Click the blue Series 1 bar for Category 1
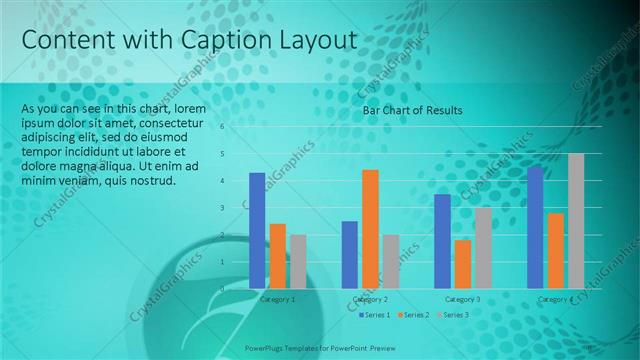[257, 230]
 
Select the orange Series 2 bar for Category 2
[370, 229]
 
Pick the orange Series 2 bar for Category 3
[462, 264]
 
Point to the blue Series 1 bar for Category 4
[535, 227]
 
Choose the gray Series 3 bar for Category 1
[298, 261]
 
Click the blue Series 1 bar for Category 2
[349, 254]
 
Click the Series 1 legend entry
[375, 315]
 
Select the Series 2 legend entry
[415, 315]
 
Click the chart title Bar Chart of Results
[412, 110]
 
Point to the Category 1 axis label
[277, 299]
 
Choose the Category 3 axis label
[462, 299]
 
